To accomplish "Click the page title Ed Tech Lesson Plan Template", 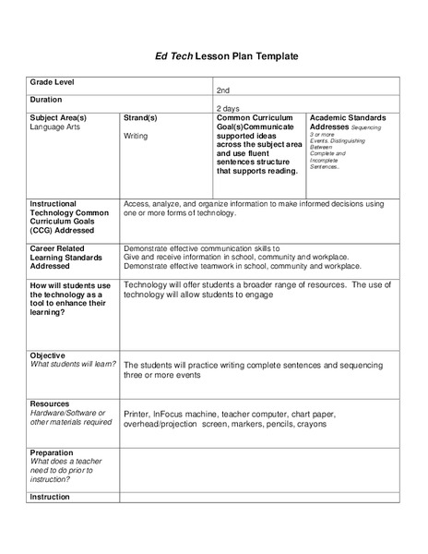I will click(213, 56).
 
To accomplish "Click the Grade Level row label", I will click(53, 82).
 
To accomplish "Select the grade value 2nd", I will click(223, 90).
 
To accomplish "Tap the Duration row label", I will click(46, 99).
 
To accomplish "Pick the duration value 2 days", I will click(227, 108).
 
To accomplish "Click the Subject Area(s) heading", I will click(58, 118).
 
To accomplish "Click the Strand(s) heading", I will click(140, 118).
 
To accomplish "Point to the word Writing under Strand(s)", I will click(136, 136).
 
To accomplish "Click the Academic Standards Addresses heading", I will click(348, 123).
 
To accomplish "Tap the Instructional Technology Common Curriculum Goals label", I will click(69, 216).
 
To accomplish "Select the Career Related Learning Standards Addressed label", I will click(65, 257).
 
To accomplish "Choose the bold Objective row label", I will click(48, 355).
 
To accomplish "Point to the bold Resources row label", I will click(50, 403).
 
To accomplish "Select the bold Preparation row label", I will click(53, 453).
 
